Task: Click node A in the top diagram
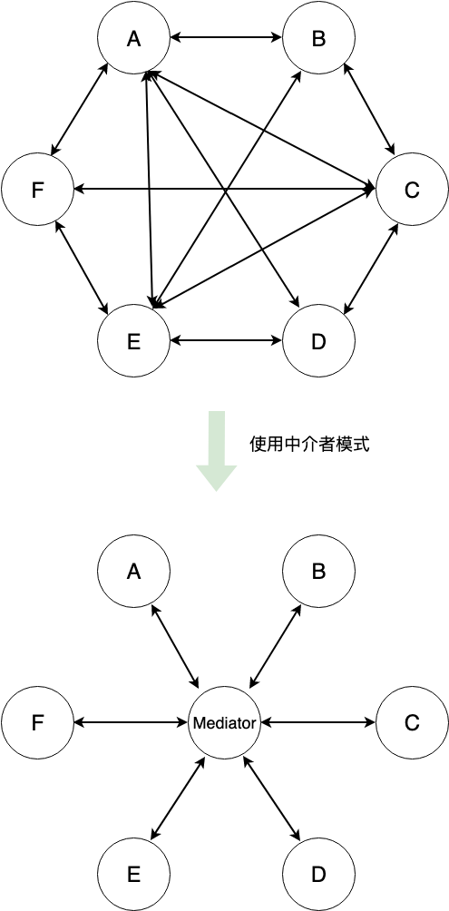[133, 38]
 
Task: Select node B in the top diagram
[318, 38]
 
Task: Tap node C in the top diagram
[412, 190]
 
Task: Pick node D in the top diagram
[318, 341]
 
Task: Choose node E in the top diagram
[133, 341]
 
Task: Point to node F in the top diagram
[38, 190]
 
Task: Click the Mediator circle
[225, 723]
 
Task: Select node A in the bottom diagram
[133, 571]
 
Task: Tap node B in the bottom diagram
[318, 571]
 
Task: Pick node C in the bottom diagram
[412, 723]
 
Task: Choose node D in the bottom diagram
[318, 875]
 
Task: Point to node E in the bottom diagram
[133, 875]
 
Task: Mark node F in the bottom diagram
[38, 723]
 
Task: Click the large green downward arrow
[216, 451]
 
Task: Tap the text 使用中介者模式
[309, 445]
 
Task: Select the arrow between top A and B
[226, 38]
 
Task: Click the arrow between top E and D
[226, 341]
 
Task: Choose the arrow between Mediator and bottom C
[318, 723]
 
